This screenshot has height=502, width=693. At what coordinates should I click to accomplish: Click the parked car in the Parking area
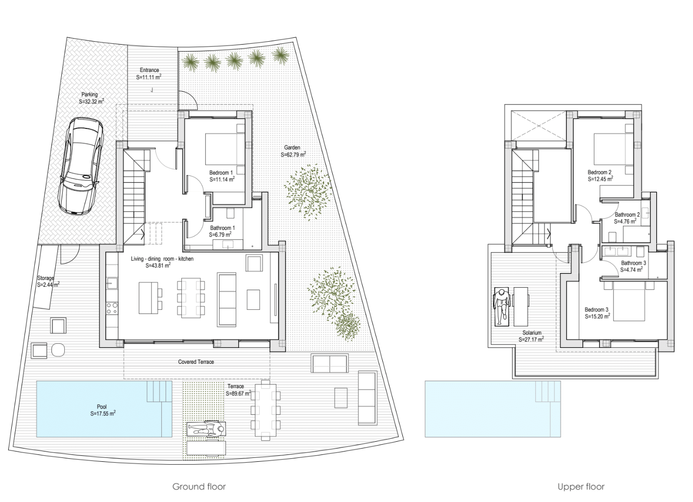(81, 166)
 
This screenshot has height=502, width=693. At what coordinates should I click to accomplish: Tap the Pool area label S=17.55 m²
(103, 413)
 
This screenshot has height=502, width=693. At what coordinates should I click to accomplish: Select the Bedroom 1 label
(221, 173)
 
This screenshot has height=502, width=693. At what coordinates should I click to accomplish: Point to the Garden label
(292, 148)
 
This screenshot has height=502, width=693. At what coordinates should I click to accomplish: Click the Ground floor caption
(199, 487)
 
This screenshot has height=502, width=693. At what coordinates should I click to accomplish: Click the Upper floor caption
(581, 487)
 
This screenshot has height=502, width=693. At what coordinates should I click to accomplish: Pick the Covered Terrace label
(196, 361)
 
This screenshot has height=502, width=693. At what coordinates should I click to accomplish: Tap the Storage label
(46, 278)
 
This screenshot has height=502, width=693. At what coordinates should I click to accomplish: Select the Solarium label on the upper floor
(532, 333)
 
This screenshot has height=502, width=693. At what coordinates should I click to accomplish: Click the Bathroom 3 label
(633, 263)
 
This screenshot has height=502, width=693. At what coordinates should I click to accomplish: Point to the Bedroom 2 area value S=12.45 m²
(600, 179)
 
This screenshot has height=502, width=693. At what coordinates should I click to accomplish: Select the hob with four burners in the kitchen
(112, 308)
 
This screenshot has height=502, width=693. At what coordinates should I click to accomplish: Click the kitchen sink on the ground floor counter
(112, 283)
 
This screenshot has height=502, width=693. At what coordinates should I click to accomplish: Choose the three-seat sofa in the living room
(227, 300)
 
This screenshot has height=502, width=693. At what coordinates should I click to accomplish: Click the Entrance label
(149, 70)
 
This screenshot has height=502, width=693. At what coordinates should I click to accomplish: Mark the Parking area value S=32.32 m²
(92, 101)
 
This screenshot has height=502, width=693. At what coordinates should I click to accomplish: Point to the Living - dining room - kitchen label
(162, 259)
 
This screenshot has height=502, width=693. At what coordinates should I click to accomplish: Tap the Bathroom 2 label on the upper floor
(627, 215)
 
